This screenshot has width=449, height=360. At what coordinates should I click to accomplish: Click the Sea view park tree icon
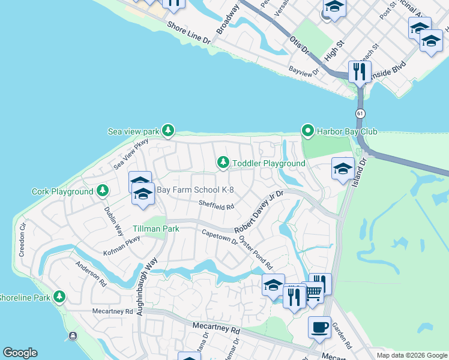pos(169,130)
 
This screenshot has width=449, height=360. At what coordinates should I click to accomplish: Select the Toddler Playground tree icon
pos(223,163)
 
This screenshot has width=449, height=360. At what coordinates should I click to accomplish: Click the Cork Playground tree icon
pos(103,191)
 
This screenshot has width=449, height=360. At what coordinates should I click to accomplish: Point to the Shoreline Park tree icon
pos(59,296)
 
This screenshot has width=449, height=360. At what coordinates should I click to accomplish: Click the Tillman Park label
pos(139,229)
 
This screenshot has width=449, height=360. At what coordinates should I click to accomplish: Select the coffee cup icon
pos(319,327)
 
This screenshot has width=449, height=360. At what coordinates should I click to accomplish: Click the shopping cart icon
pos(313,293)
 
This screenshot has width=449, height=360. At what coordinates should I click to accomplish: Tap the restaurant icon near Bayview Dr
pos(359,71)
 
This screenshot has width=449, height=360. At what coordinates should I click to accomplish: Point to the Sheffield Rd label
pos(216,206)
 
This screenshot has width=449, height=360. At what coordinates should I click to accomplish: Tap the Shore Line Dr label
pos(189,35)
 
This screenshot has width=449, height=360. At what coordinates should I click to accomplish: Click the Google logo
pos(20,353)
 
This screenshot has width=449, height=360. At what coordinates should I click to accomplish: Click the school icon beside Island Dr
pos(342,169)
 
